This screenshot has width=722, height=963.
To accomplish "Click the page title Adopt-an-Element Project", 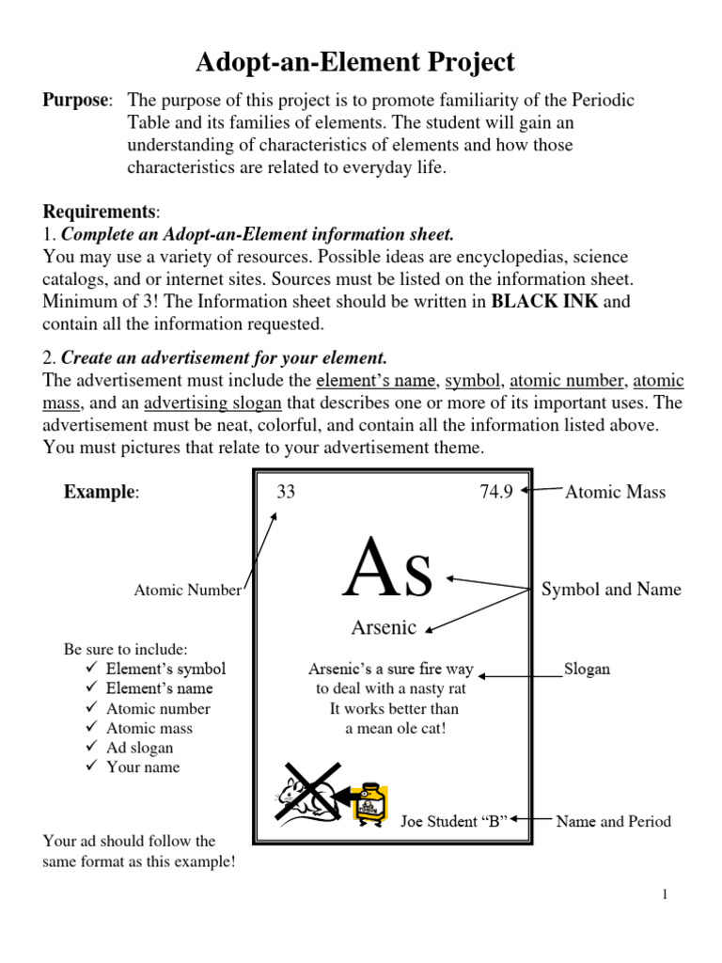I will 355,63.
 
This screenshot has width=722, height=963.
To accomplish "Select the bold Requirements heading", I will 100,212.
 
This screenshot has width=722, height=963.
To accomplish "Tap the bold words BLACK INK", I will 542,302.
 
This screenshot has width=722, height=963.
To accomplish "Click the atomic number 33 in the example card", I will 286,491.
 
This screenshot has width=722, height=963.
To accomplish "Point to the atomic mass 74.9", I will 496,491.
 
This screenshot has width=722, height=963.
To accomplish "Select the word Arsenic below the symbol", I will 385,626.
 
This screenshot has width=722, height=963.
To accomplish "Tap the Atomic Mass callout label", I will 615,492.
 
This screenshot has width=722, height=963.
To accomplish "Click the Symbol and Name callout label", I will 611,590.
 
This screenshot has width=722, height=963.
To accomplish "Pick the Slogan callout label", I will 587,670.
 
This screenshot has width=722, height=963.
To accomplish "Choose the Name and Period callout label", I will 613,821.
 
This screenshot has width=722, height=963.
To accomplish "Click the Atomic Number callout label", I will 187,591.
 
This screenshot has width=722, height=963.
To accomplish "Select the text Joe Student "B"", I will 454,821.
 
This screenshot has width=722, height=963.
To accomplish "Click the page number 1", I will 664,894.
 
